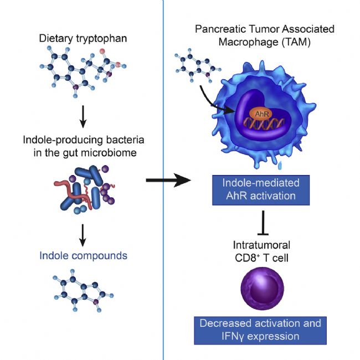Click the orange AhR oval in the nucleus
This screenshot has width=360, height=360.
(x=261, y=114)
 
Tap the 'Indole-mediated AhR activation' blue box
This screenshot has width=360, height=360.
(x=261, y=190)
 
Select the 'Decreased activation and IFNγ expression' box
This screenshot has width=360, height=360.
(x=260, y=331)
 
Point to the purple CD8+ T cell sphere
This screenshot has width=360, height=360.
(x=262, y=289)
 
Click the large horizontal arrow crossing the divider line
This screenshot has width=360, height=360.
(x=168, y=180)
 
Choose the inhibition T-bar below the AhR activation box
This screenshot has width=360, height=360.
(x=263, y=223)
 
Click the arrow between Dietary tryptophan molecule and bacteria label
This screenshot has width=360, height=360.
(x=83, y=117)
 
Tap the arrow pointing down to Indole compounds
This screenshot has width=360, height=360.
(x=83, y=235)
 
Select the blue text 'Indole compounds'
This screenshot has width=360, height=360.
(x=83, y=256)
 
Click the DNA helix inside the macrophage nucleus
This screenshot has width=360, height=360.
(x=264, y=124)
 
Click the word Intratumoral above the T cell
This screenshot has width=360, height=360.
(x=261, y=245)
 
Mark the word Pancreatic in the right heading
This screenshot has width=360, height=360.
(x=220, y=29)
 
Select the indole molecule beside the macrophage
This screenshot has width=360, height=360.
(x=198, y=65)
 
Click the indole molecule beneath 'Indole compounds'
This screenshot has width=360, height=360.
(x=83, y=290)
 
